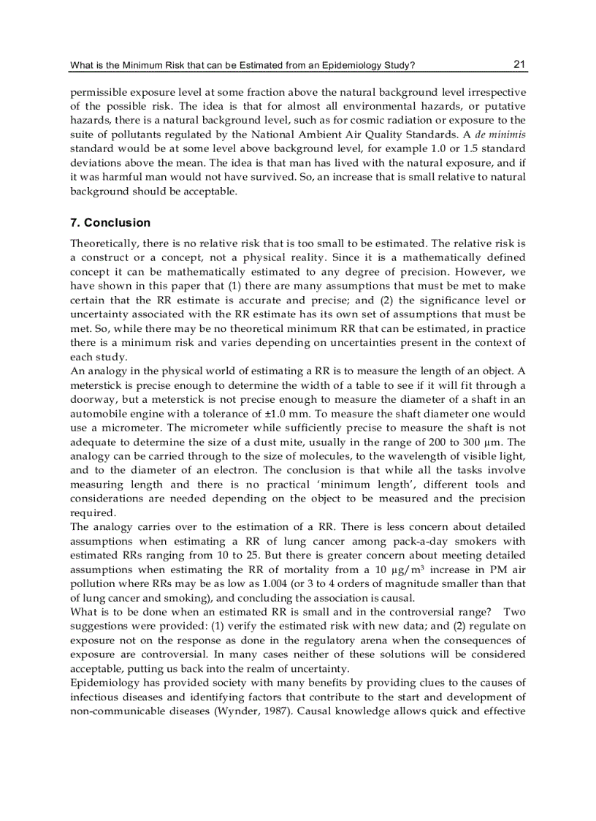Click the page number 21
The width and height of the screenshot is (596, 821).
519,64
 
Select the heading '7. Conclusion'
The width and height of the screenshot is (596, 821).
110,222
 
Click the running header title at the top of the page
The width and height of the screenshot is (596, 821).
242,66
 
